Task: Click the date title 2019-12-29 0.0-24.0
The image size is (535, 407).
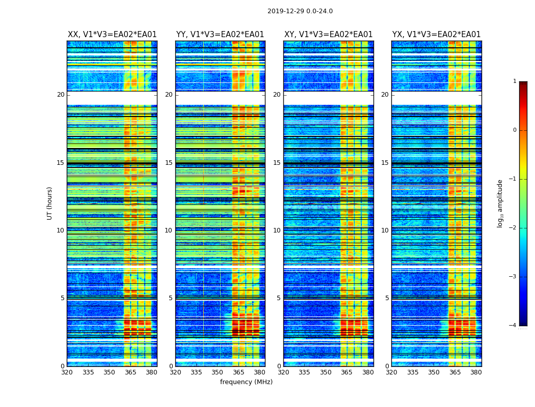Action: click(x=300, y=11)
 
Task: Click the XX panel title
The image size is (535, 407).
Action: click(x=112, y=35)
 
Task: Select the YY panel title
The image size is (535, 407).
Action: click(x=220, y=35)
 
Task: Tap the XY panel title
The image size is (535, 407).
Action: click(x=329, y=35)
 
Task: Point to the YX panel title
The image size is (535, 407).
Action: click(x=437, y=35)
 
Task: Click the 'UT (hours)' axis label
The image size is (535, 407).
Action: click(x=50, y=203)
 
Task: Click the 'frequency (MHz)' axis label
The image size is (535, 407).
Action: click(x=246, y=382)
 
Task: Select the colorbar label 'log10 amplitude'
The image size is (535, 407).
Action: click(x=500, y=203)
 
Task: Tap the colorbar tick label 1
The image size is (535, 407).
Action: click(x=515, y=81)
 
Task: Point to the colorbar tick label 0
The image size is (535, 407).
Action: click(x=515, y=130)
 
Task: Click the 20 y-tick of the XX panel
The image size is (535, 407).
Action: click(x=61, y=95)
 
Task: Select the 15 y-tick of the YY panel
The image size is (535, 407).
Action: click(x=169, y=163)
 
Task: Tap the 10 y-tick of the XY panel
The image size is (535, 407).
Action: click(x=277, y=230)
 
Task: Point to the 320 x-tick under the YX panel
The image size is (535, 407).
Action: click(x=392, y=372)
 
